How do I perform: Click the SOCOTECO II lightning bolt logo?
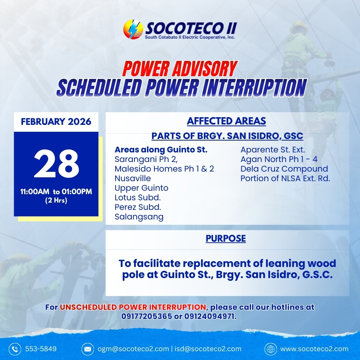click(x=133, y=29)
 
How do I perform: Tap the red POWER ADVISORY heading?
click(x=180, y=69)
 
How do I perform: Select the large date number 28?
click(x=56, y=164)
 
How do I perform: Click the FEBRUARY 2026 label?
click(x=56, y=121)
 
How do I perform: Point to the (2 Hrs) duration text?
click(x=56, y=200)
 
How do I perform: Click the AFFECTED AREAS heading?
click(x=226, y=121)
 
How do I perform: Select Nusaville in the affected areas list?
click(x=133, y=178)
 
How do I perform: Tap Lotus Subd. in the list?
click(x=137, y=198)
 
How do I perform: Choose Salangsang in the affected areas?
click(x=139, y=217)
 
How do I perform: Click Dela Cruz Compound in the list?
click(x=284, y=169)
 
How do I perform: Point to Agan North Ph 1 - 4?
click(x=279, y=159)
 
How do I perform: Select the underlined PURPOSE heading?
click(x=226, y=238)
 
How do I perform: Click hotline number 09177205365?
click(x=147, y=316)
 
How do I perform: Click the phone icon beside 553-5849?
click(x=15, y=349)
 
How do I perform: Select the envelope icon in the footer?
click(x=88, y=349)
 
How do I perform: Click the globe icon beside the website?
click(x=271, y=349)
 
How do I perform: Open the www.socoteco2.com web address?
click(x=314, y=349)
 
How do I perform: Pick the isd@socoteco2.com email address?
click(x=208, y=349)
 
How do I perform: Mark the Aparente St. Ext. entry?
click(x=273, y=150)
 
